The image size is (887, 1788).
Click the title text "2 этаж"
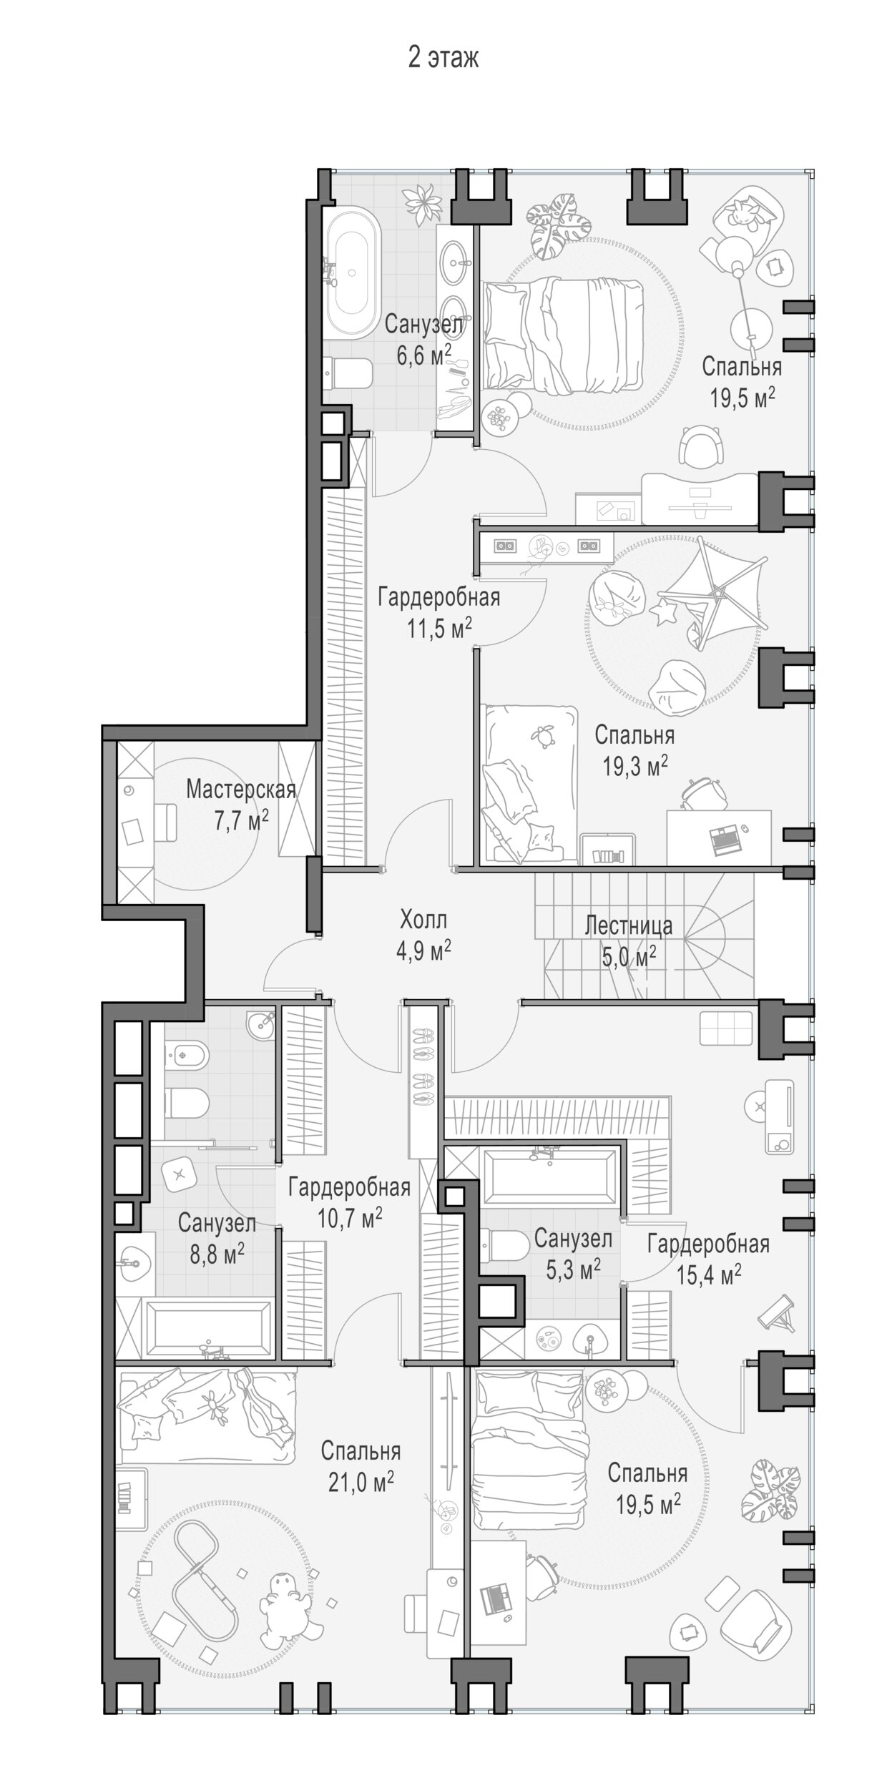pos(443,58)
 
